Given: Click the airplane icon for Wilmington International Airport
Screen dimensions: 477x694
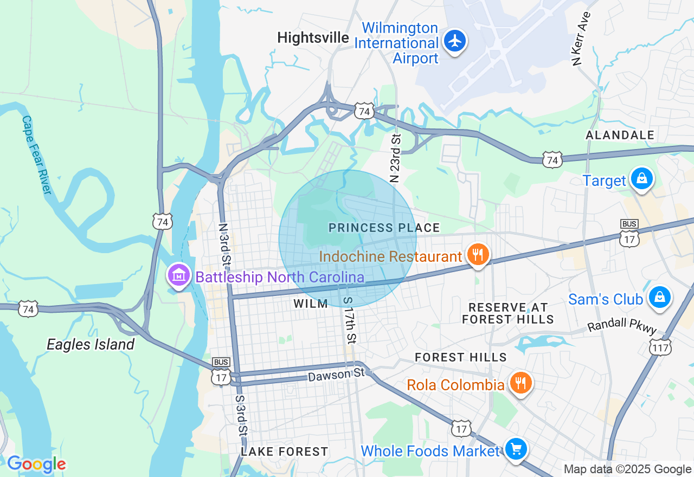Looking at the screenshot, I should coord(454,41).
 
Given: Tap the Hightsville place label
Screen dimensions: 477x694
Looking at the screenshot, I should coord(313,37).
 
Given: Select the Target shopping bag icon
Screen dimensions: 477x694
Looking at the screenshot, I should coord(642,179).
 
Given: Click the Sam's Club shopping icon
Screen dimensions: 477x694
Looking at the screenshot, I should coord(659,298).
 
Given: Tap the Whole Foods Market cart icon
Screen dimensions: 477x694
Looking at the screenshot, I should coord(516,449).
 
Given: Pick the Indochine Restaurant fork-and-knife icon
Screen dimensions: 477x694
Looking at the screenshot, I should coord(477,255).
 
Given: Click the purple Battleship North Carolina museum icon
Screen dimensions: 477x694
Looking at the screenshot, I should coord(179,276).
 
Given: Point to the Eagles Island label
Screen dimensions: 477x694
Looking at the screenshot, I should coord(91,345).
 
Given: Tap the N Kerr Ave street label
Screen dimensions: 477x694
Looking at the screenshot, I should coord(581,38).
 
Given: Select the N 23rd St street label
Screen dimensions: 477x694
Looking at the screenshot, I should coord(395,158).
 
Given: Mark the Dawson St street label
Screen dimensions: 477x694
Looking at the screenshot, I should coord(337,375).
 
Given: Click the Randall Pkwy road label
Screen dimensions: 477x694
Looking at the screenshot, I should coord(622,326).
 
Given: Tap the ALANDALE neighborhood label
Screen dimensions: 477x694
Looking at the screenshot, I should coord(620,135).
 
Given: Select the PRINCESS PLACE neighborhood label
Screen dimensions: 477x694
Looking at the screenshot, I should coord(384,228).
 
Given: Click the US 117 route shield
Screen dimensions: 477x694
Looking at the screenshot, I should coord(660,347).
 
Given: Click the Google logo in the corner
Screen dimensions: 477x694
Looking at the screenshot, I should coord(36,465).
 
